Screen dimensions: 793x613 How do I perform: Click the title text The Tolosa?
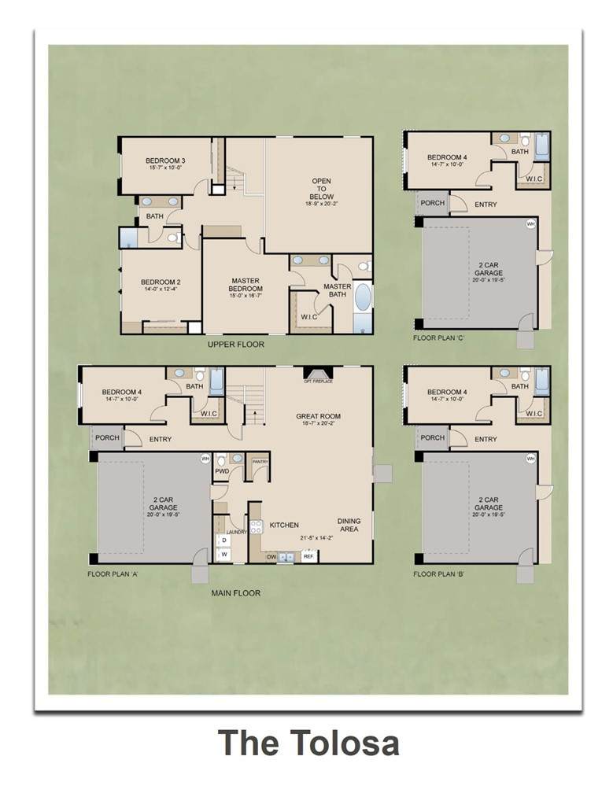click(x=308, y=743)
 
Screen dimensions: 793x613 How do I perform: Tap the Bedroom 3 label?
click(x=165, y=164)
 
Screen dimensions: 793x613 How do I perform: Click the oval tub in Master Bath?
click(x=364, y=299)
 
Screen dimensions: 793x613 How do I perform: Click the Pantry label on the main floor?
click(x=258, y=462)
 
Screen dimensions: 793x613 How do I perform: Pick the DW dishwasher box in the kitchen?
click(x=271, y=557)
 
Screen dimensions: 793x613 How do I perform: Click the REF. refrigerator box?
click(x=308, y=557)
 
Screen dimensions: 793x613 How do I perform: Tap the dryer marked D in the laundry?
click(x=223, y=541)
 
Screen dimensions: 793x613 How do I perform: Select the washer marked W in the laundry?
click(x=223, y=555)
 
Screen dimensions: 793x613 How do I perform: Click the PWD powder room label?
click(x=222, y=470)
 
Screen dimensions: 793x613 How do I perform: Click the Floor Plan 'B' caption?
click(x=438, y=574)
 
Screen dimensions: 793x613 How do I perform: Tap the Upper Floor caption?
click(x=236, y=345)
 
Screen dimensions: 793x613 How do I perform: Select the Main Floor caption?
click(x=236, y=593)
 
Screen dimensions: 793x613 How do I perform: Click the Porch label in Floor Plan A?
click(x=106, y=438)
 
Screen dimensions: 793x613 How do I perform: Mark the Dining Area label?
click(x=349, y=526)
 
